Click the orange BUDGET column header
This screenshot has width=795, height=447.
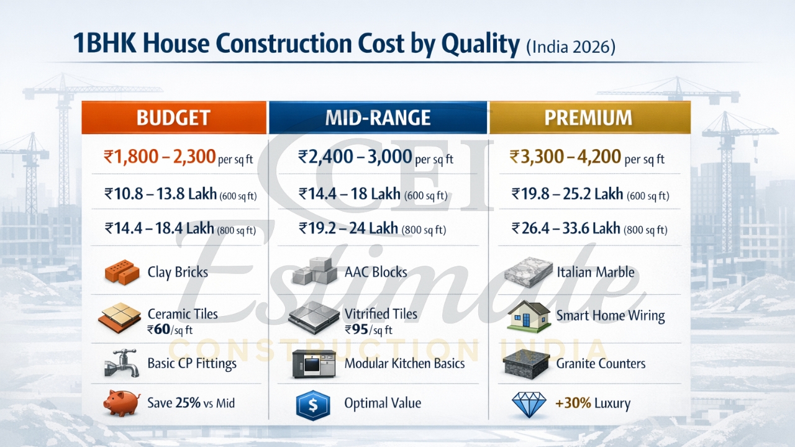click(173, 118)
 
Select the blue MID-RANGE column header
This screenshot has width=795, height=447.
click(378, 118)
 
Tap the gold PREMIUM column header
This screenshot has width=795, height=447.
click(589, 118)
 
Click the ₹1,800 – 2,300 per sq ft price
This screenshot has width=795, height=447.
click(178, 157)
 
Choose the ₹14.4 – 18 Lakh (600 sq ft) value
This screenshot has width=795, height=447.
click(373, 194)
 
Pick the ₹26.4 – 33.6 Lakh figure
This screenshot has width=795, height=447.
click(589, 228)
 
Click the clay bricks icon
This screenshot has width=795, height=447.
click(122, 272)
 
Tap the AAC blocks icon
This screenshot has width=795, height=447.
click(314, 271)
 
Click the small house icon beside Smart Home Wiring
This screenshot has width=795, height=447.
click(528, 316)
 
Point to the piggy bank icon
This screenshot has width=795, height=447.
click(121, 403)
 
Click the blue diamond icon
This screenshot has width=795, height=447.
click(529, 404)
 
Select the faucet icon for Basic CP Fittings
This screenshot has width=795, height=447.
click(121, 364)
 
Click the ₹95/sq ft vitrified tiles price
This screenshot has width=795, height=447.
click(368, 330)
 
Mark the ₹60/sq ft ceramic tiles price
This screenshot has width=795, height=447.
click(170, 330)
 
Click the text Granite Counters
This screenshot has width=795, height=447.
click(601, 364)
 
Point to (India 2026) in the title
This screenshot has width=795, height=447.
click(570, 47)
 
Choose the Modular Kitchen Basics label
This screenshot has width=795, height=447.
click(404, 364)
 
